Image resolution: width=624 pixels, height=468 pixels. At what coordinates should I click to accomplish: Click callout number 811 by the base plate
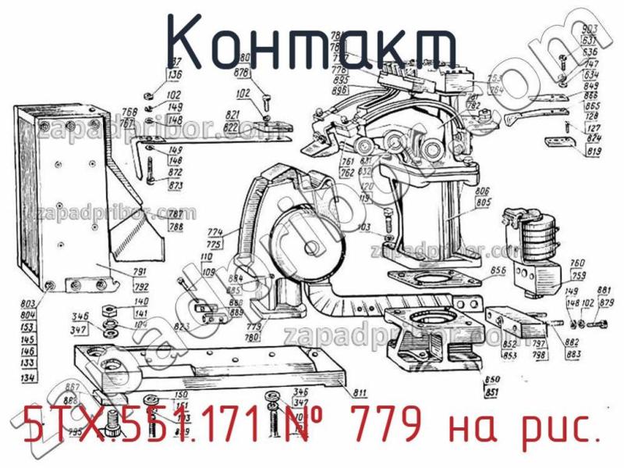point(360,391)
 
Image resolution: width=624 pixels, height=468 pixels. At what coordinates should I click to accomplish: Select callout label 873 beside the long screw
point(175,186)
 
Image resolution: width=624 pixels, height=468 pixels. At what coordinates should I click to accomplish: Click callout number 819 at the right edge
point(594,153)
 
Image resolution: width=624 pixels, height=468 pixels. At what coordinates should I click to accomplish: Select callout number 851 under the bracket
point(492,391)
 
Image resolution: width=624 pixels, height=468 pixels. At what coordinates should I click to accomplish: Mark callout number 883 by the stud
point(573,354)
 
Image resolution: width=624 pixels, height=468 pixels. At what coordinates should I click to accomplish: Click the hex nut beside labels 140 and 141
point(109,305)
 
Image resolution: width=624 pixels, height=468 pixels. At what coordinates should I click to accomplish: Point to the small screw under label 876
point(267,100)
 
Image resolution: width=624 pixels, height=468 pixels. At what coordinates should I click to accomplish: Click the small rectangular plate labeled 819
point(555,141)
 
